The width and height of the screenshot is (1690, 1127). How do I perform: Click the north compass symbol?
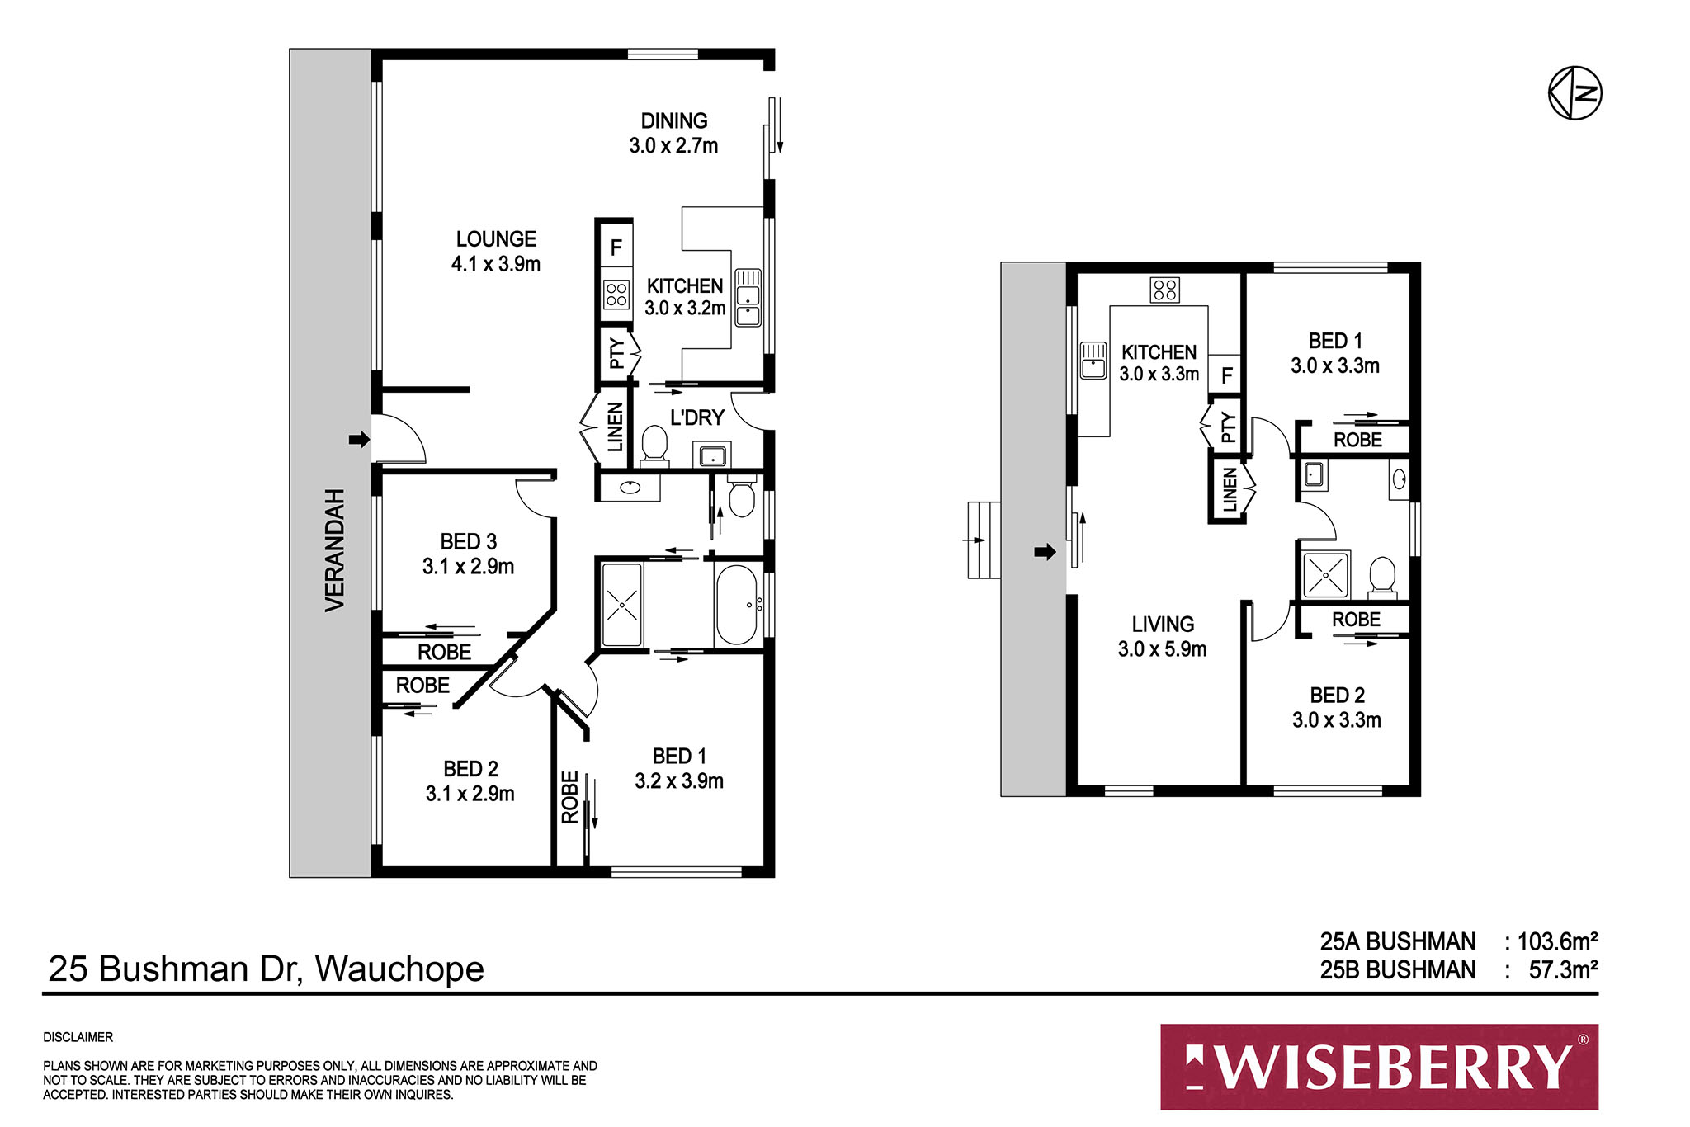point(1574,93)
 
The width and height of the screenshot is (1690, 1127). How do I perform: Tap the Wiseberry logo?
point(1379,1067)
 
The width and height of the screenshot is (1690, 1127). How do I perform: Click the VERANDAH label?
point(334,549)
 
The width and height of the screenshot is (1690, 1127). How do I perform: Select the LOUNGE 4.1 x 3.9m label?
point(496,252)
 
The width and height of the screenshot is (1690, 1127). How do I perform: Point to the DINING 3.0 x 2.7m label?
point(673,133)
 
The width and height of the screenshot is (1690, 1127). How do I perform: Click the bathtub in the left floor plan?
point(736,605)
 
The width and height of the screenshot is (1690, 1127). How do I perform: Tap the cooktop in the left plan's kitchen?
point(616,295)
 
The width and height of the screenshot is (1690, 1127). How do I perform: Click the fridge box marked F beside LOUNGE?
point(616,248)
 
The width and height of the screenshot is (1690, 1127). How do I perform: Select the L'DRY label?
point(697,417)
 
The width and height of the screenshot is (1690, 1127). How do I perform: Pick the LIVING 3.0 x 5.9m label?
point(1162,637)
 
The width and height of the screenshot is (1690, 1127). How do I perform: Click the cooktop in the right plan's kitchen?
point(1164,290)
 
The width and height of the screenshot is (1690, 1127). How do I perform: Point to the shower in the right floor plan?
point(1325,574)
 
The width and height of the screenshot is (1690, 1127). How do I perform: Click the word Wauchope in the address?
point(399,969)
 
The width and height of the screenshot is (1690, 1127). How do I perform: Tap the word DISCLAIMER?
point(78,1037)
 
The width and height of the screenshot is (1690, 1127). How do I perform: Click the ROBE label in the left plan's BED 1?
point(569,797)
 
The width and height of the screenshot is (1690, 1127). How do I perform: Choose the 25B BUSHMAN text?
point(1397,970)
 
